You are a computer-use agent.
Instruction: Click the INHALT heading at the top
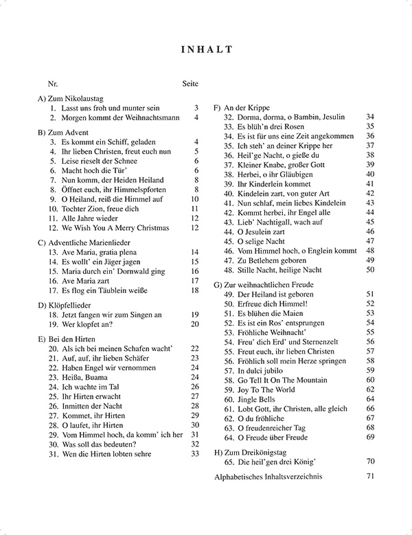[x=206, y=49]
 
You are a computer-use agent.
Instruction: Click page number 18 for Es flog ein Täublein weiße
[x=194, y=291]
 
